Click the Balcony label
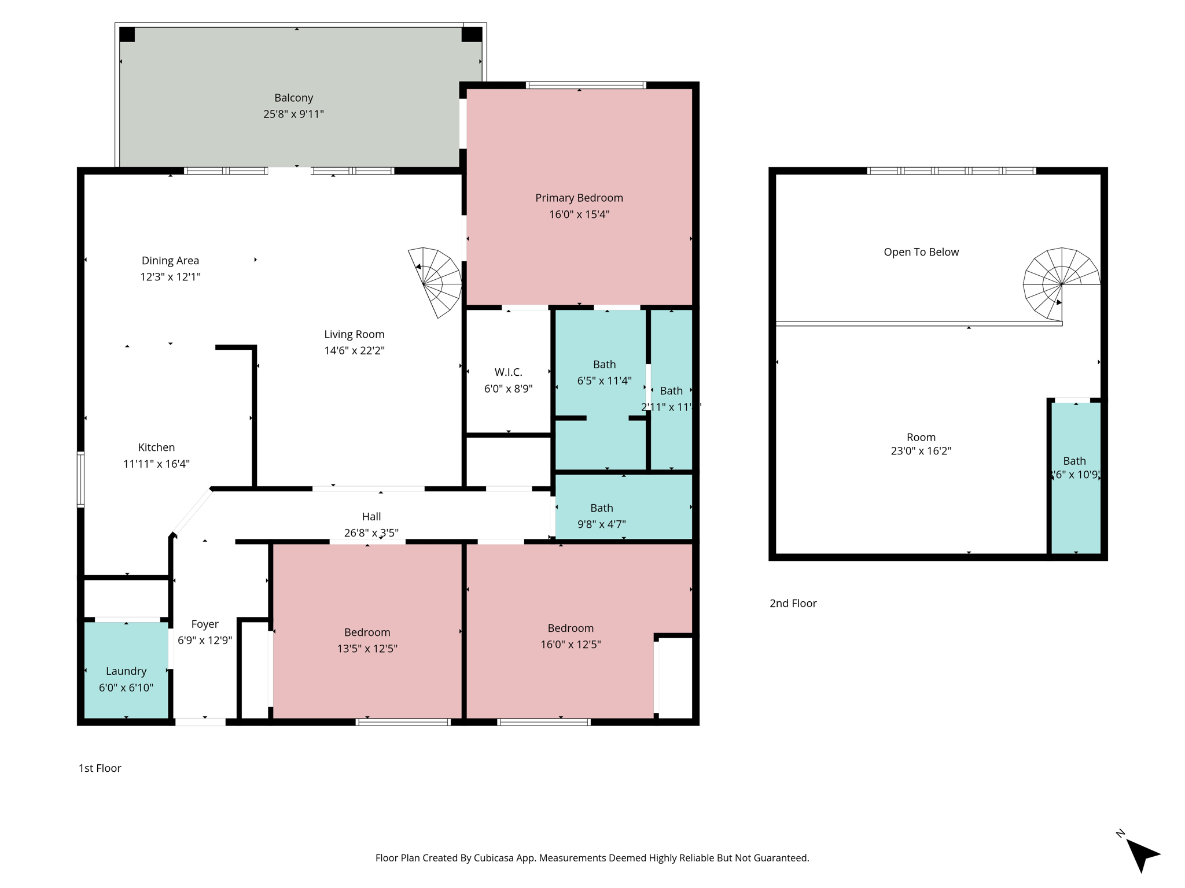tap(293, 98)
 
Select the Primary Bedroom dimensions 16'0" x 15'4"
tap(579, 214)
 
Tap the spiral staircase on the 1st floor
tap(436, 282)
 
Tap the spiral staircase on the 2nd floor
tap(1061, 283)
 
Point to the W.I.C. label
tap(508, 372)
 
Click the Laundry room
tap(126, 671)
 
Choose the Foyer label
tap(205, 624)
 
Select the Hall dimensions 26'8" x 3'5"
tap(371, 532)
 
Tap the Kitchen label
tap(156, 447)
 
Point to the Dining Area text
tap(170, 261)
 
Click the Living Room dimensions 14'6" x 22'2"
tap(354, 350)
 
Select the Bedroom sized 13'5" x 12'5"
tap(367, 632)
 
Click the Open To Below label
tap(921, 252)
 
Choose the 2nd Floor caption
tap(793, 604)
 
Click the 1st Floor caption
tap(100, 768)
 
